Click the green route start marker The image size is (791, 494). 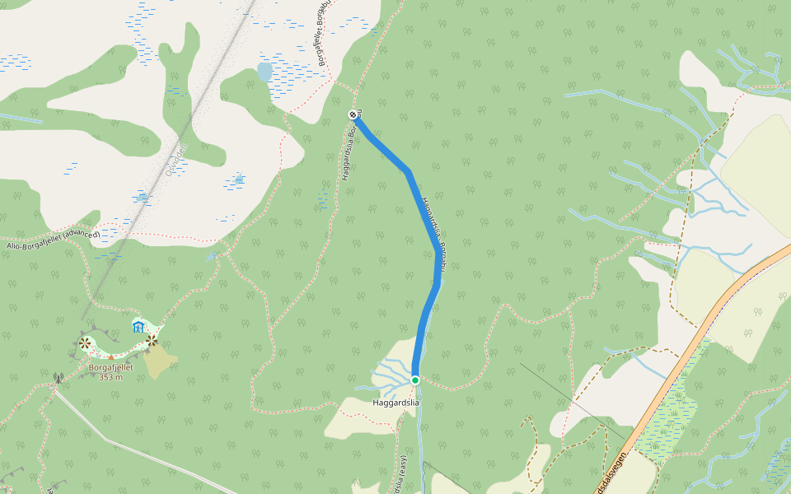pos(415,380)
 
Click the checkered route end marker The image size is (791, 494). pos(353,114)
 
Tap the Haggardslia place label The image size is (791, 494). pos(395,403)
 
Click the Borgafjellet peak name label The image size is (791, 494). pos(111,367)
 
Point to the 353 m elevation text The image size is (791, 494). pos(110,377)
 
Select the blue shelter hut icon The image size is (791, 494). pos(138,328)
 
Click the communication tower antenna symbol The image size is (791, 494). pos(58,379)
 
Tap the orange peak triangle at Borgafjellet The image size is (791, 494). pos(111,357)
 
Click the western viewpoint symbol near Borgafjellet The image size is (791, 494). pos(85,343)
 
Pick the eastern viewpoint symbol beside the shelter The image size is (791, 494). pos(152,339)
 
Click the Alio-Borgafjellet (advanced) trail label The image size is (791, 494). pos(52,240)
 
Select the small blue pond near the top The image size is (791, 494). pos(264,72)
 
